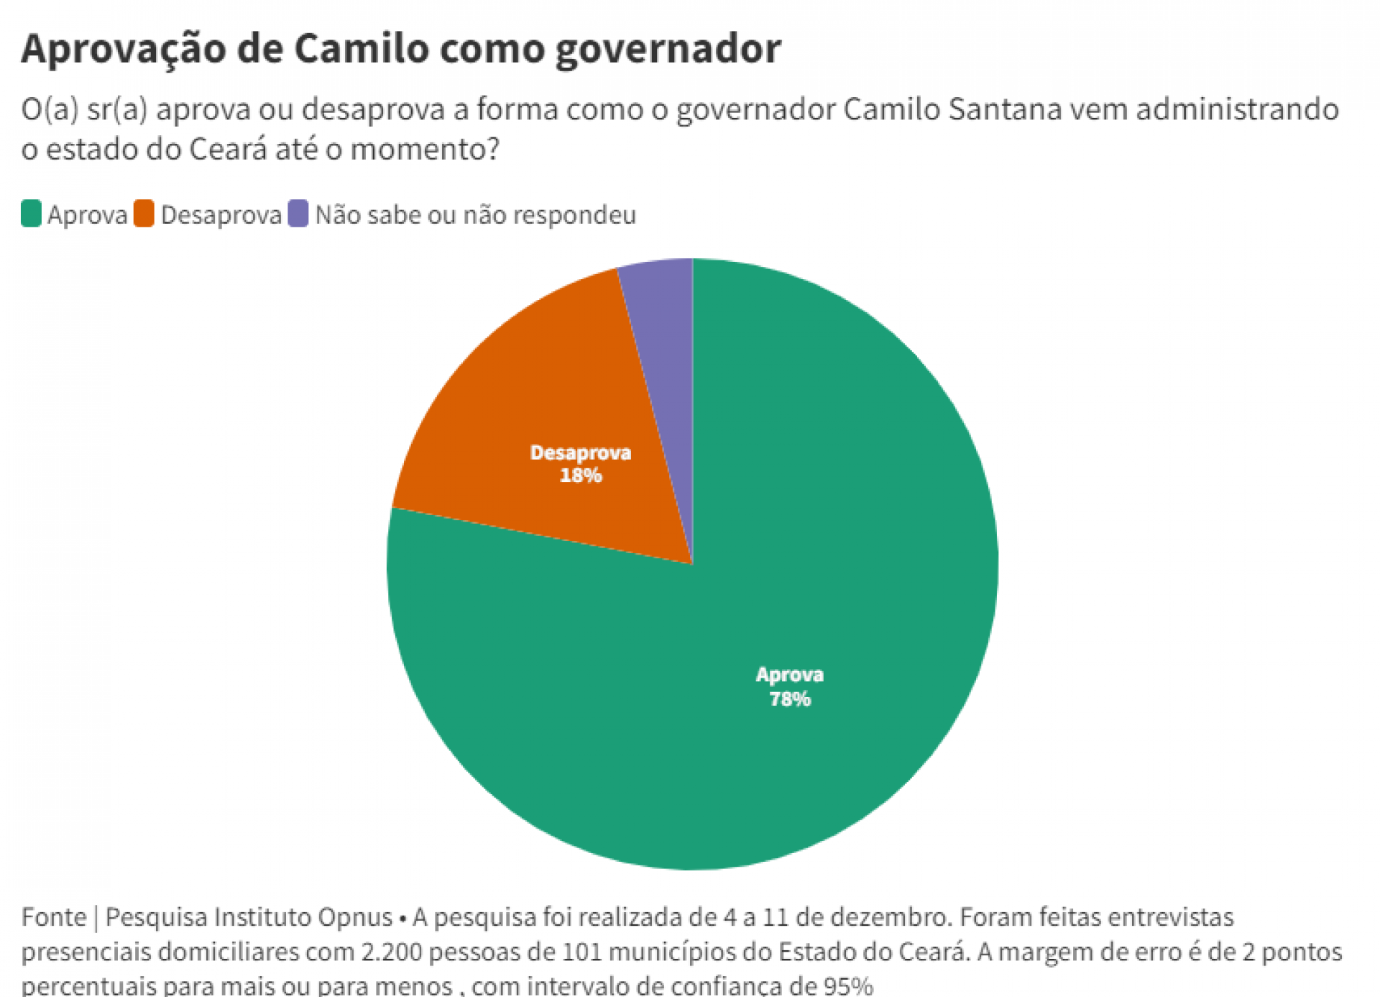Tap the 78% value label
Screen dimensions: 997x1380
[x=789, y=699]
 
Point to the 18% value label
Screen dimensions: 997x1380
[x=580, y=475]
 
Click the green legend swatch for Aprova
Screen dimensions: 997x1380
[x=31, y=214]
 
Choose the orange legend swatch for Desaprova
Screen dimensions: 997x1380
[x=144, y=214]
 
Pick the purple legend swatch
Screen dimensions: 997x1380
[x=298, y=214]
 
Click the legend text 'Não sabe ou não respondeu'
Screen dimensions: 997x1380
[x=475, y=215]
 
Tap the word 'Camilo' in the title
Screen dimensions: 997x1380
[x=361, y=49]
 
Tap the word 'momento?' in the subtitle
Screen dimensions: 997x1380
[x=424, y=150]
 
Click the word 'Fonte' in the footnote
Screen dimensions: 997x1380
[x=53, y=917]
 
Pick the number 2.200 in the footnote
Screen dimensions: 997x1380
[x=391, y=952]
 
